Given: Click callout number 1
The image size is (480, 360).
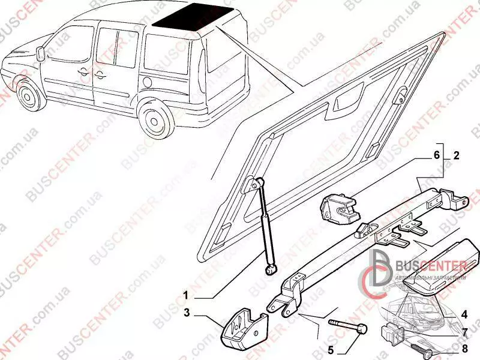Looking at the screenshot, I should point(186,296).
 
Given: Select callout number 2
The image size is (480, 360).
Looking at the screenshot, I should point(456,155).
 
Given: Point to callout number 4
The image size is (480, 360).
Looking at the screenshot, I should point(464,313).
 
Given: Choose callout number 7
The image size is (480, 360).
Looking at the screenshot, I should point(464,331).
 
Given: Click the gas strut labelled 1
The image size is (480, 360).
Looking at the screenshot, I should point(266,224).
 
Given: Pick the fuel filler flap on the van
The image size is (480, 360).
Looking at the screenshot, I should point(148,81).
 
